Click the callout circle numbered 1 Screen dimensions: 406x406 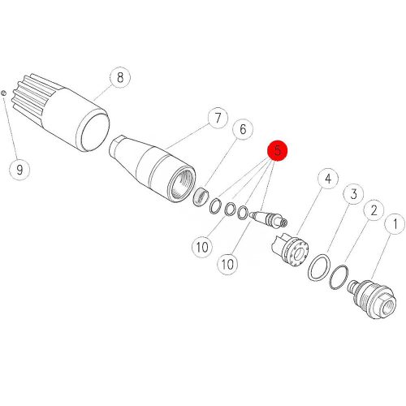click(395, 224)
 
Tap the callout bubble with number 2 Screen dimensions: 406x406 click(374, 210)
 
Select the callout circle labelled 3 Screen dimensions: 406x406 click(353, 194)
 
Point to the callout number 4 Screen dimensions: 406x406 click(328, 179)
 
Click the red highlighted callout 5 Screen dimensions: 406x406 click(278, 150)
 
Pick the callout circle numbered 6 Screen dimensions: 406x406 click(243, 129)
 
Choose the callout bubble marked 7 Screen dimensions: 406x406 click(218, 118)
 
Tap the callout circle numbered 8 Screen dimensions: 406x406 click(120, 77)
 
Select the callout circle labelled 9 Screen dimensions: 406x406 click(19, 170)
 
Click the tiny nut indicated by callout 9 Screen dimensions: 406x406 click(3, 93)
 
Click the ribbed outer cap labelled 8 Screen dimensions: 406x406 click(61, 111)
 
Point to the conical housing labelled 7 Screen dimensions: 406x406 click(153, 168)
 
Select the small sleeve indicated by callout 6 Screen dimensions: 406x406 click(201, 197)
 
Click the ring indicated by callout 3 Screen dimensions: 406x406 click(319, 268)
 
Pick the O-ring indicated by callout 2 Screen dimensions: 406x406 click(339, 278)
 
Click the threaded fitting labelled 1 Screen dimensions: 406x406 click(372, 299)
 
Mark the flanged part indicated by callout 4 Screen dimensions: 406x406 click(290, 250)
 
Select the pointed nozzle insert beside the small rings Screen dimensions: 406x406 click(268, 219)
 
